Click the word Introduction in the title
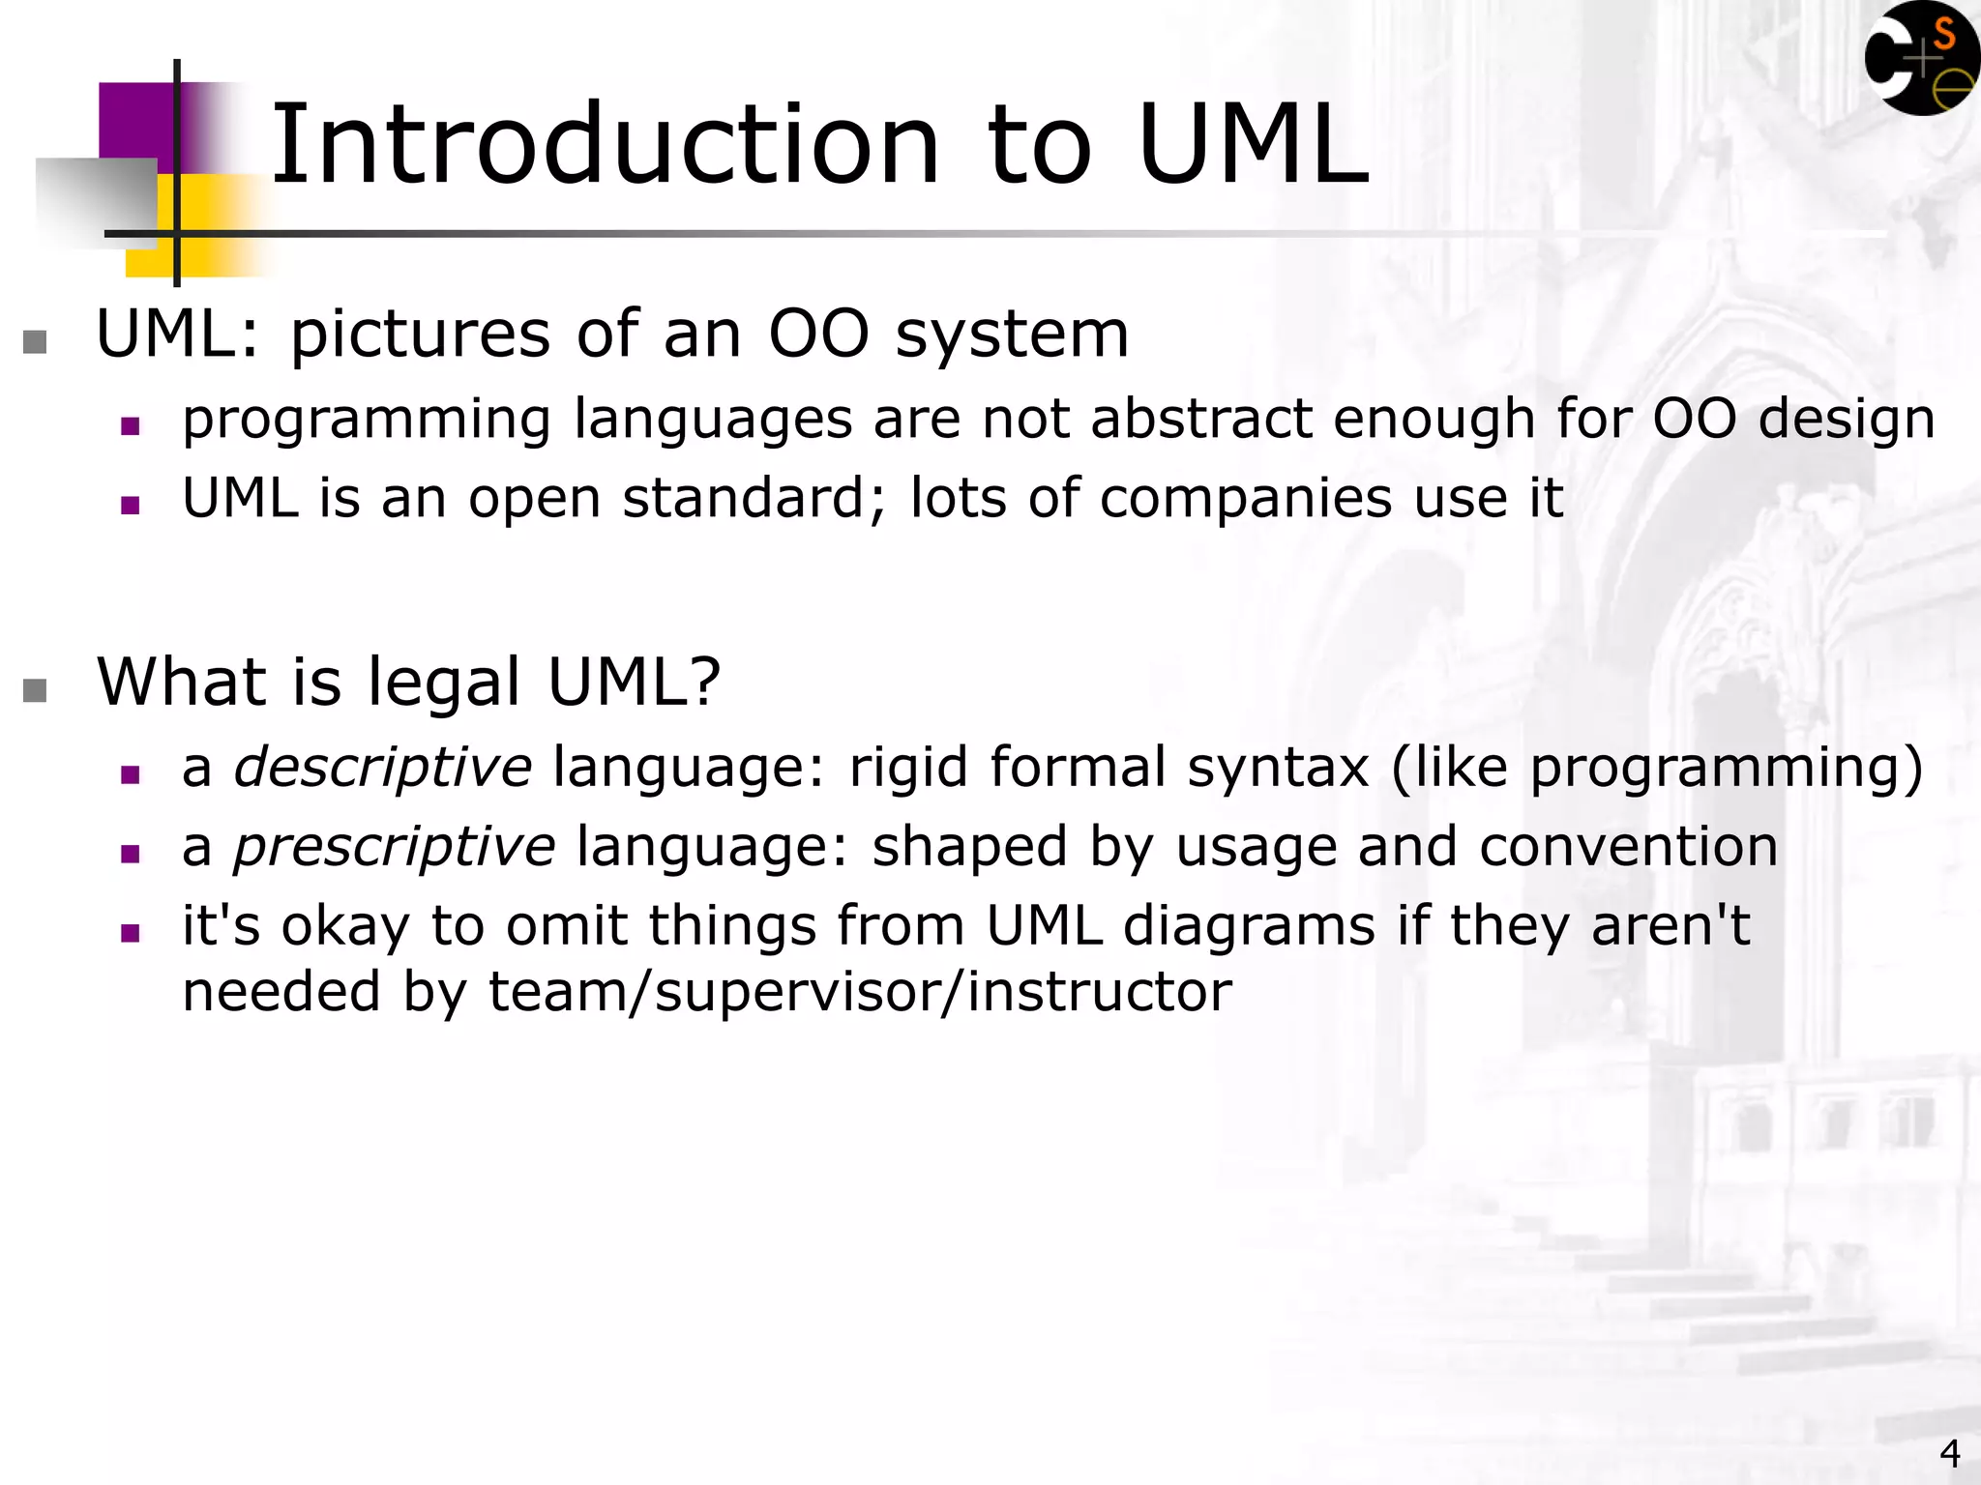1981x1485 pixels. pyautogui.click(x=605, y=145)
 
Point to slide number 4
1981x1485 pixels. pyautogui.click(x=1949, y=1453)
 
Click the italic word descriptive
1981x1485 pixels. pyautogui.click(x=383, y=768)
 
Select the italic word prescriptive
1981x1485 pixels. pyautogui.click(x=395, y=847)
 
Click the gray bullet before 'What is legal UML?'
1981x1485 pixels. pyautogui.click(x=35, y=689)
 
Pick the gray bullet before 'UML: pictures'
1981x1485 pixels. pyautogui.click(x=35, y=341)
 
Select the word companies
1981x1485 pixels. pyautogui.click(x=1245, y=499)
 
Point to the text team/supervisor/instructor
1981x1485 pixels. pyautogui.click(x=860, y=992)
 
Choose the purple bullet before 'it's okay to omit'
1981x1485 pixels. pyautogui.click(x=131, y=933)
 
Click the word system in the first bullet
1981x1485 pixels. pyautogui.click(x=1012, y=335)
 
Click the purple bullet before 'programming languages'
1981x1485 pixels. pyautogui.click(x=131, y=426)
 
